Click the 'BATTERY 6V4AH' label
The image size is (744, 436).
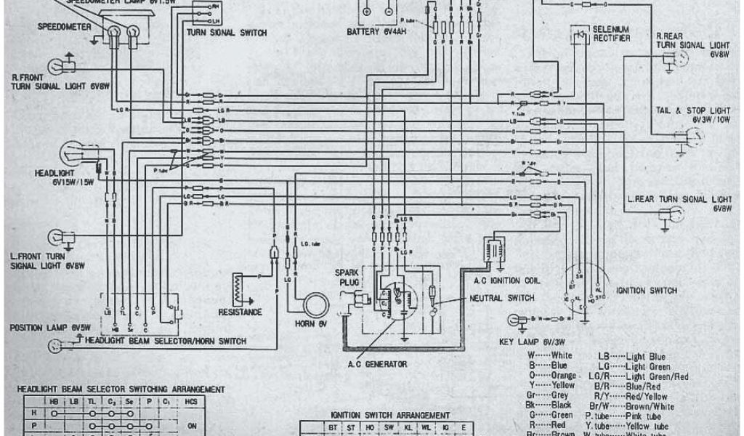(x=378, y=33)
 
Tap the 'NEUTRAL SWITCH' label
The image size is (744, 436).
(x=501, y=298)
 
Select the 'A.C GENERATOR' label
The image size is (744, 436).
(x=378, y=364)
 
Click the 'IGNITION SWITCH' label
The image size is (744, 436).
(x=646, y=291)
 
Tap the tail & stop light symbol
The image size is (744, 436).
(x=691, y=136)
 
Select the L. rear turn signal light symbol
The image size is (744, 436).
(x=669, y=214)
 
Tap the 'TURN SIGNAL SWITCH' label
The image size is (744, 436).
(x=226, y=33)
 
